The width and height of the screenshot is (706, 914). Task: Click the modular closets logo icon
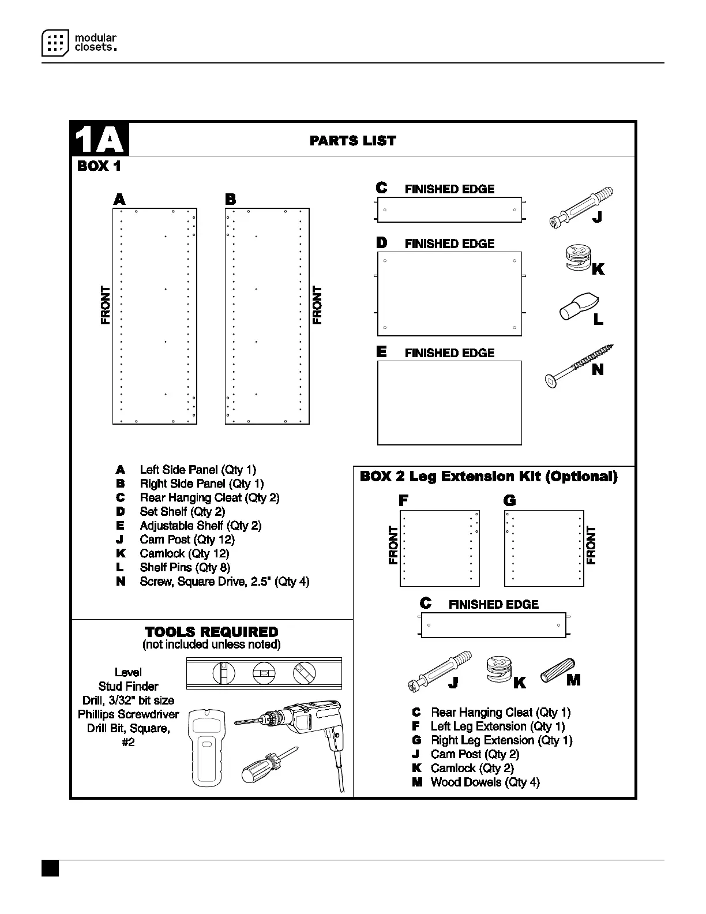coord(55,43)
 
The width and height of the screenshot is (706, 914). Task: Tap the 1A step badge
coord(99,139)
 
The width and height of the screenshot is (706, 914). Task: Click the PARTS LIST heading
coord(352,141)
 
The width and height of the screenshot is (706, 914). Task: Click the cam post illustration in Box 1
coord(579,205)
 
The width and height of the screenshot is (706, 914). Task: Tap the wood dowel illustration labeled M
coord(557,670)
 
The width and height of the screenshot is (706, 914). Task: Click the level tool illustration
coord(264,673)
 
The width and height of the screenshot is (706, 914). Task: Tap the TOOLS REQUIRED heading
coord(211,632)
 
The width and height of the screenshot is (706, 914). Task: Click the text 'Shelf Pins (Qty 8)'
coord(185,568)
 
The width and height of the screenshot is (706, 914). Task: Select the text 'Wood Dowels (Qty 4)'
coord(485,782)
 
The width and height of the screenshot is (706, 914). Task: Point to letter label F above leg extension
coord(403,500)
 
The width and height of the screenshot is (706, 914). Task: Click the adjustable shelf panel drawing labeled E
coord(449,403)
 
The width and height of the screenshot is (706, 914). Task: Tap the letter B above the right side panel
coord(230,200)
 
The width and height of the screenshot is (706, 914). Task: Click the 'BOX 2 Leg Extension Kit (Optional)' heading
coord(488,477)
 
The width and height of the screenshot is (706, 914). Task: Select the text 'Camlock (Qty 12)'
coord(184,554)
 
